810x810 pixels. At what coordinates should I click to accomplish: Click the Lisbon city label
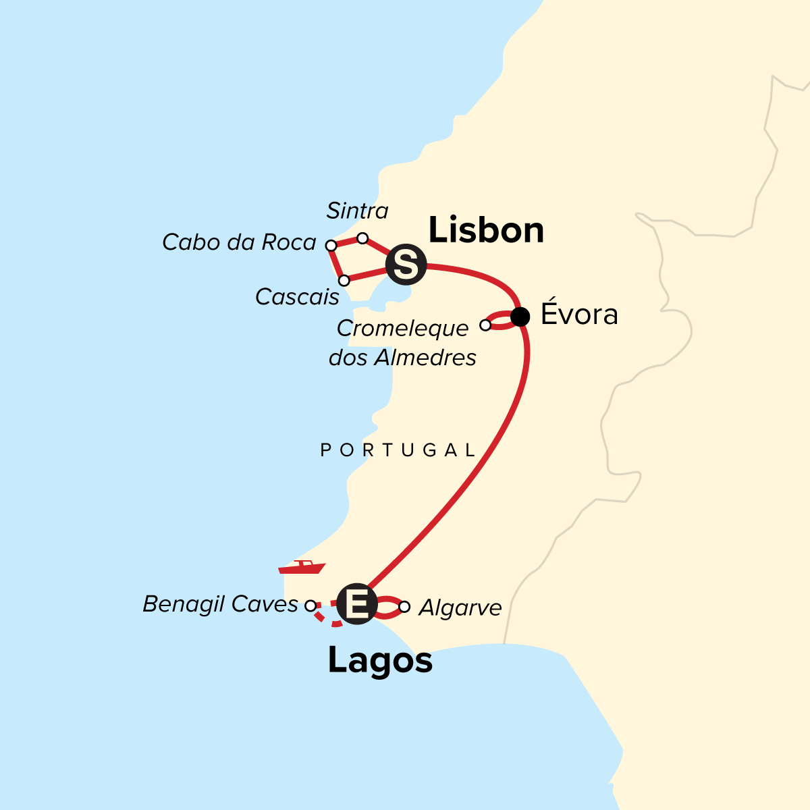(x=486, y=231)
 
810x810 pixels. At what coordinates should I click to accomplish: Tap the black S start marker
(x=406, y=264)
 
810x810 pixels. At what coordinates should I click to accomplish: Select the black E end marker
(x=356, y=603)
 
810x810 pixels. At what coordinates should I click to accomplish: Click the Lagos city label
(x=380, y=660)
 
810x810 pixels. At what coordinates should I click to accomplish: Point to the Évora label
(x=579, y=315)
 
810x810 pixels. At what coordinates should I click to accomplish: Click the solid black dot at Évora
(x=520, y=316)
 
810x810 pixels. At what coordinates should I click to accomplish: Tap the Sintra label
(x=357, y=211)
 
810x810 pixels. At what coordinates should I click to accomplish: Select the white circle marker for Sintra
(x=362, y=238)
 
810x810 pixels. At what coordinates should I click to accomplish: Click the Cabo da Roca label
(x=239, y=242)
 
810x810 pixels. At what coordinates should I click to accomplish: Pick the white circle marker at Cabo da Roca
(x=331, y=245)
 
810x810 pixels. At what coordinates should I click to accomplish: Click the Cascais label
(x=297, y=296)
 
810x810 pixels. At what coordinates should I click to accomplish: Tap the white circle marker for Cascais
(x=344, y=280)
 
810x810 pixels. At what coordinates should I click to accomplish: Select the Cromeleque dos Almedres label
(x=402, y=343)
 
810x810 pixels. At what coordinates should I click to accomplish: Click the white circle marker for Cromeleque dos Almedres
(x=485, y=325)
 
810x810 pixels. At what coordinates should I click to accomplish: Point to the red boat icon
(x=302, y=567)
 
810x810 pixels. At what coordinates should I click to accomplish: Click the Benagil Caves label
(x=220, y=604)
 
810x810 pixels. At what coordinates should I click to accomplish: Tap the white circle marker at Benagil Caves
(x=310, y=605)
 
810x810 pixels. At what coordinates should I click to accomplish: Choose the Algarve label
(x=460, y=608)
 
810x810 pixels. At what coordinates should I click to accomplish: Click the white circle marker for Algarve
(x=404, y=607)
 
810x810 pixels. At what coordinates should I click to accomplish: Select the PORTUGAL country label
(x=398, y=450)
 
